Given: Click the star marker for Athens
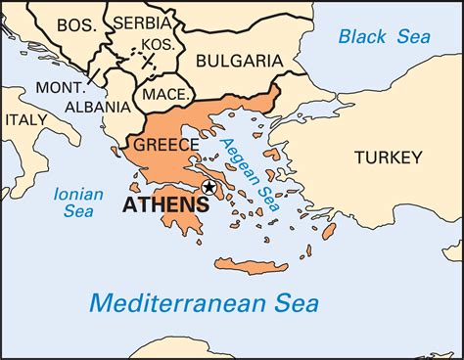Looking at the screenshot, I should click(208, 186).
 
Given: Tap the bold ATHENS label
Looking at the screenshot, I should click(164, 205).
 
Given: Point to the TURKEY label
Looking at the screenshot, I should click(389, 157).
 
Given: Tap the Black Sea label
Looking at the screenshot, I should click(377, 37).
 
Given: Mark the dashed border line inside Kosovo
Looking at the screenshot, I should click(147, 59).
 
